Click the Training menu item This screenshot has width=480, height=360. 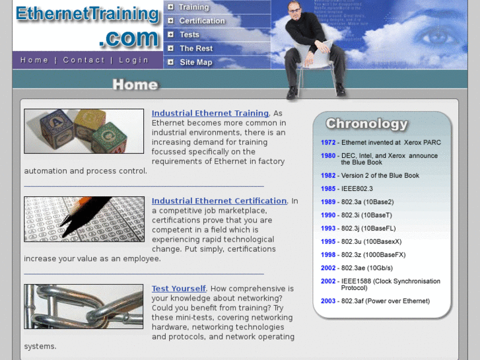(x=193, y=7)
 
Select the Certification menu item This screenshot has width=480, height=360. (x=202, y=21)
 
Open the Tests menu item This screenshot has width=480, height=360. (x=189, y=35)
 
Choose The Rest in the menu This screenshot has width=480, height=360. (x=196, y=49)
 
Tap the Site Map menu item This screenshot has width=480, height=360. (x=196, y=63)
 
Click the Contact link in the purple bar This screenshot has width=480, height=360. (x=84, y=60)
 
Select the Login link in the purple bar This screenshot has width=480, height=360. (x=133, y=60)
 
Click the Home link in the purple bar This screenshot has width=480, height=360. (x=34, y=60)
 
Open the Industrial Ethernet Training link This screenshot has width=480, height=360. (x=210, y=114)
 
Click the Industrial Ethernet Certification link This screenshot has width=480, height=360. (x=219, y=201)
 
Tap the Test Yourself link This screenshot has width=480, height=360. (x=179, y=289)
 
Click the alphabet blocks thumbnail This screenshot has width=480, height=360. (x=84, y=131)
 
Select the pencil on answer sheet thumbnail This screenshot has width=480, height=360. (x=84, y=219)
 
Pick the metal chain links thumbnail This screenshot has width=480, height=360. (x=84, y=306)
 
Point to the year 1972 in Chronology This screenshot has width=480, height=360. (x=328, y=143)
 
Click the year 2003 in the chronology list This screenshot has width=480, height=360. (x=328, y=301)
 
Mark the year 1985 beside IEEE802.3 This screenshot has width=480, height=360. (x=328, y=189)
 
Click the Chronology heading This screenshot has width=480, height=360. (x=366, y=124)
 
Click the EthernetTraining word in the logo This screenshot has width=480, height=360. (x=87, y=15)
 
